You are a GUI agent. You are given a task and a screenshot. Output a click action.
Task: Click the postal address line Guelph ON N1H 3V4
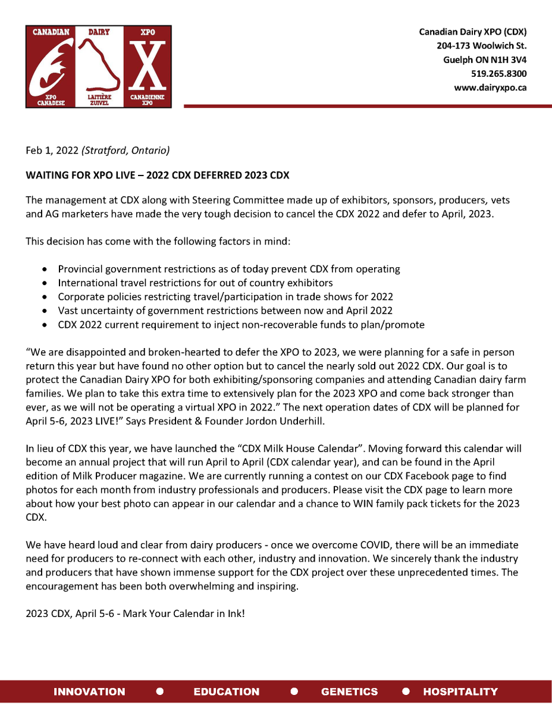[485, 60]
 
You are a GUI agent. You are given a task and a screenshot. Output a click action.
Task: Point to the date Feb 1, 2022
[52, 151]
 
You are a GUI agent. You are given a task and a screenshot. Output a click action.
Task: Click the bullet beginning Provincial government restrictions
[228, 269]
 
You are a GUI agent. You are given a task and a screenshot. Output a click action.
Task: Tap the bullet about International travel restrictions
[195, 283]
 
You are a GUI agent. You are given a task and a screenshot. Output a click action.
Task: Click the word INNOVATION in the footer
[89, 691]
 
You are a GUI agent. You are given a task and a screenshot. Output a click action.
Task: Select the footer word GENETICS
[349, 691]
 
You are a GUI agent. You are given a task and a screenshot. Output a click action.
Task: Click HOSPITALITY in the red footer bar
[460, 691]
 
